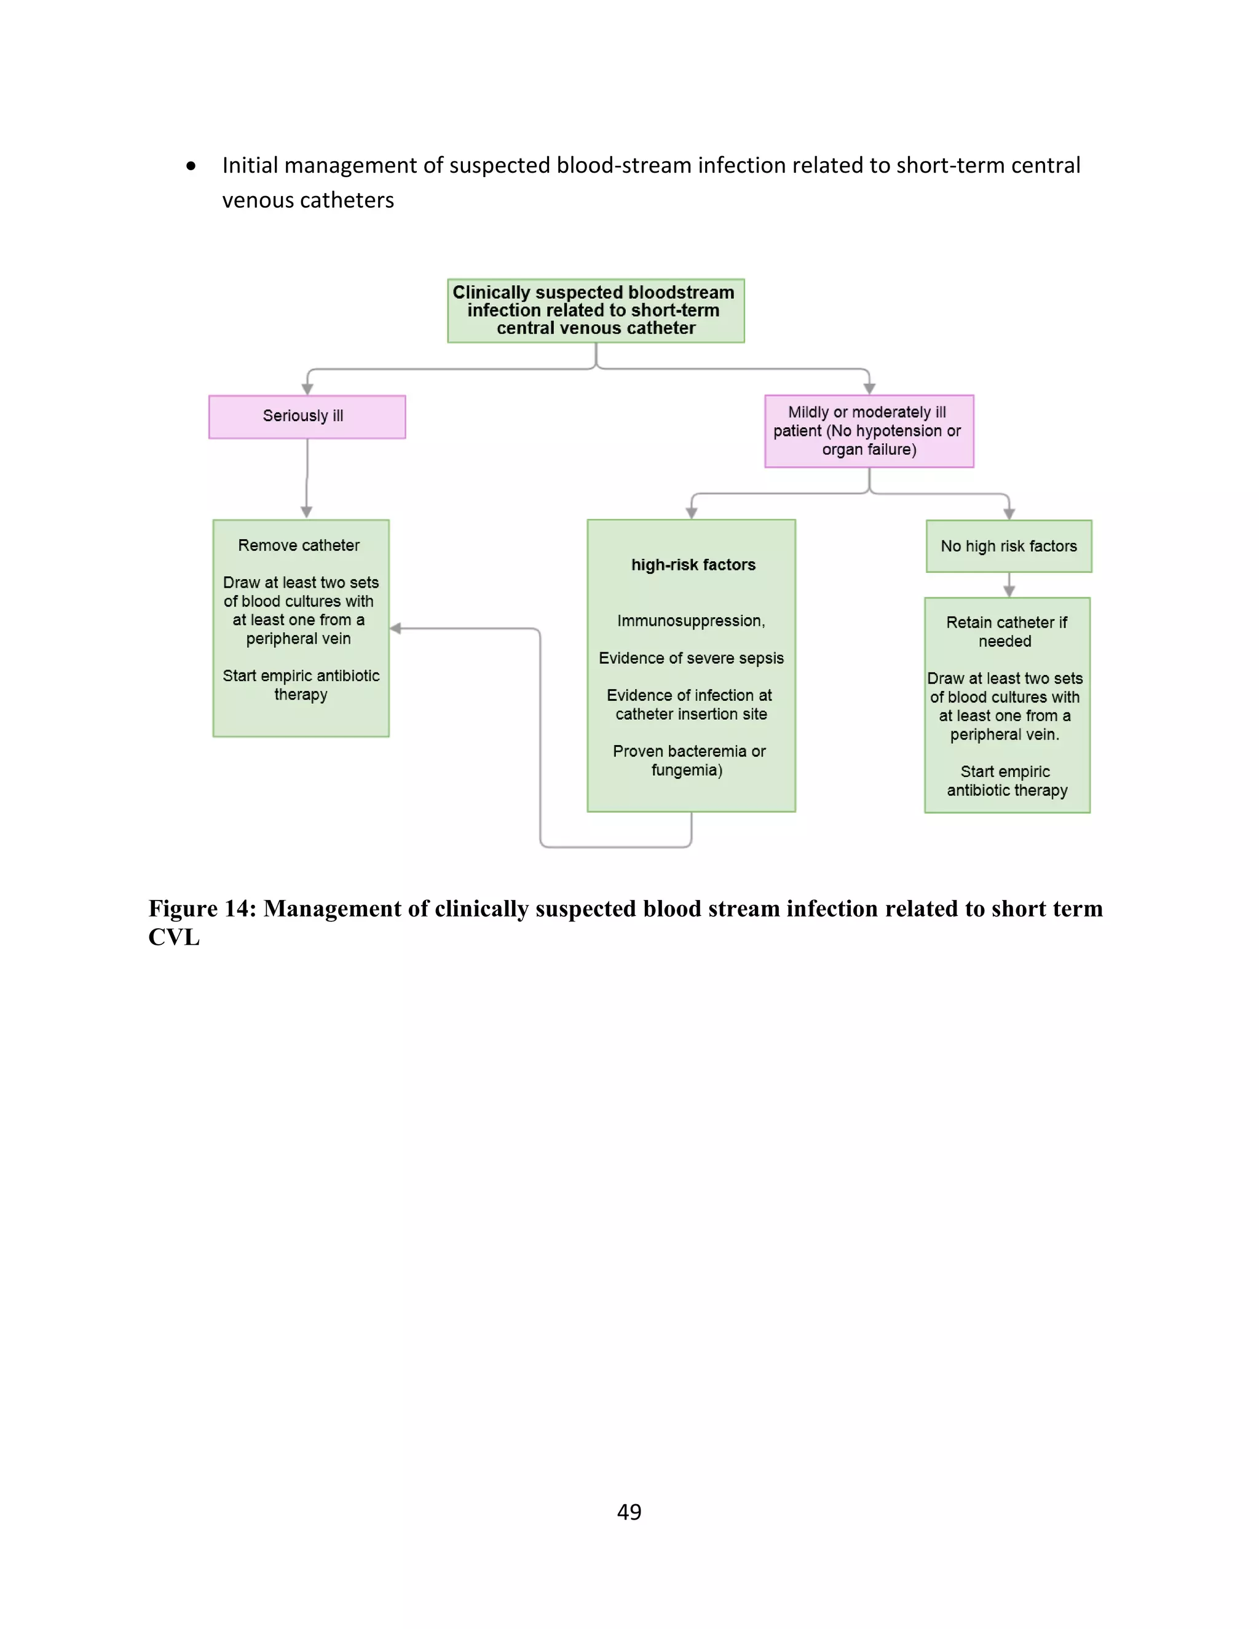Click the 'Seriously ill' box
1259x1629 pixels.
[307, 416]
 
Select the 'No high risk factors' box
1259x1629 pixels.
[1008, 546]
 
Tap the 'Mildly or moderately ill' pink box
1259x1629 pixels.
[868, 431]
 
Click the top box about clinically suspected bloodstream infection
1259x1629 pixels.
[595, 310]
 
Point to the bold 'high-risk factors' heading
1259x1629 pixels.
[693, 565]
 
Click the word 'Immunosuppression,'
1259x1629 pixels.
[690, 621]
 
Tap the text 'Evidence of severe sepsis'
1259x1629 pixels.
[690, 658]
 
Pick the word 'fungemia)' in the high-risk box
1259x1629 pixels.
[686, 770]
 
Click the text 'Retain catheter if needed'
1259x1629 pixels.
[1006, 631]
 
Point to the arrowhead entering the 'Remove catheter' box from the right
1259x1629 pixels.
[396, 628]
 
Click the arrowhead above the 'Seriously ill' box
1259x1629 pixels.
[307, 389]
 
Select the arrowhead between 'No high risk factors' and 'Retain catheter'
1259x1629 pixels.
[1008, 591]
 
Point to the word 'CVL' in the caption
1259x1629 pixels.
[174, 937]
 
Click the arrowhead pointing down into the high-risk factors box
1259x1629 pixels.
[692, 513]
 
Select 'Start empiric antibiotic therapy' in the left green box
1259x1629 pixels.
[301, 685]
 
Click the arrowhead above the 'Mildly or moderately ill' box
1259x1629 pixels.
[869, 389]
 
